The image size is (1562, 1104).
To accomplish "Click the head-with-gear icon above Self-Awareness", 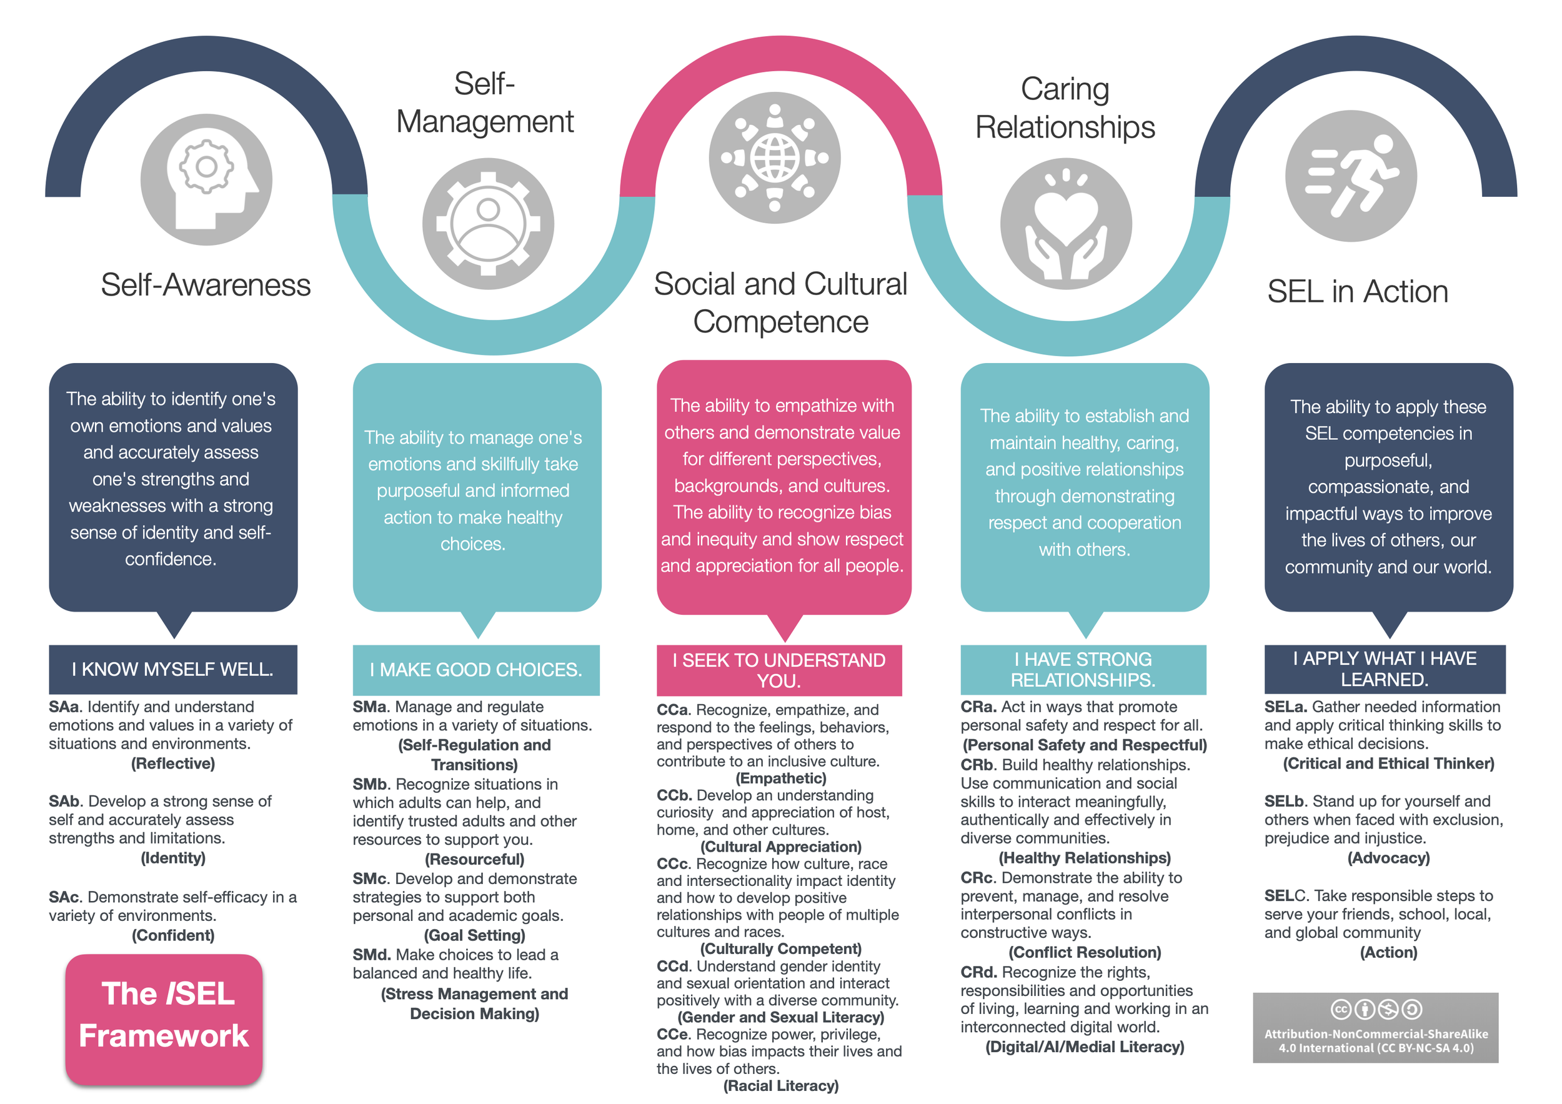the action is click(x=206, y=179).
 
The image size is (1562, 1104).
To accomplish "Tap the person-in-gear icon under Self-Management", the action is click(x=488, y=224).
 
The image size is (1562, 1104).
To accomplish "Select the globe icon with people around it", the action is click(x=774, y=158).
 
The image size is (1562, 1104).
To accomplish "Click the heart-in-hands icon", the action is click(x=1065, y=224).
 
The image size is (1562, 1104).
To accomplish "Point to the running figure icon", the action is click(x=1350, y=176).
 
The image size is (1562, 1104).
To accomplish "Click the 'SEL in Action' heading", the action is click(x=1357, y=292).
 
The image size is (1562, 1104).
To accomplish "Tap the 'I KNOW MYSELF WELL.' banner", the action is click(x=173, y=669).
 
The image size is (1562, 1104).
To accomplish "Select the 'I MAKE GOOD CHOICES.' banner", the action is click(x=475, y=670).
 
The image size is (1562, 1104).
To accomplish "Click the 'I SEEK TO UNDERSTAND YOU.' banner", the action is click(x=779, y=670).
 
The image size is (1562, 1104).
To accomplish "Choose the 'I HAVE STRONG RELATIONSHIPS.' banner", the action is click(x=1082, y=669).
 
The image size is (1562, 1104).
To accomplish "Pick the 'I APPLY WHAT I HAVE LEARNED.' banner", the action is click(x=1385, y=669).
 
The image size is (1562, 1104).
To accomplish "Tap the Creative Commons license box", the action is click(x=1376, y=1027).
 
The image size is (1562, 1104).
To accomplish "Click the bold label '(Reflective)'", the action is click(x=173, y=763).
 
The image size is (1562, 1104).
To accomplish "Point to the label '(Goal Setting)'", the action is click(x=474, y=935).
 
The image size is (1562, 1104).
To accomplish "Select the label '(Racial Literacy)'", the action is click(x=780, y=1086).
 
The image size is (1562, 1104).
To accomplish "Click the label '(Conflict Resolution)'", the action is click(x=1085, y=952).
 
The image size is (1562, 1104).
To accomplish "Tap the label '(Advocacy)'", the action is click(x=1388, y=858).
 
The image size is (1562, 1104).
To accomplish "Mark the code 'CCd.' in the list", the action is click(x=674, y=966).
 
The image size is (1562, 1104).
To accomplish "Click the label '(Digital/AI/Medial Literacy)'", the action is click(x=1085, y=1047).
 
